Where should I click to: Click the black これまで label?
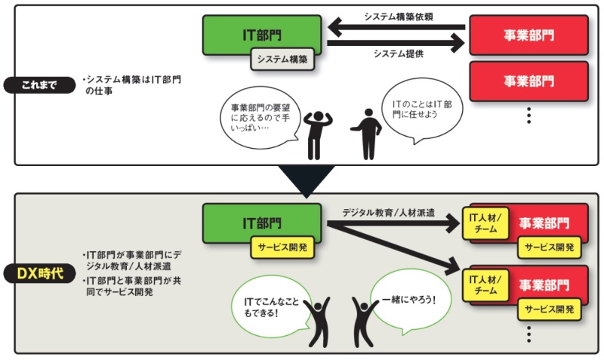point(39,83)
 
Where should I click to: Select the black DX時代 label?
point(40,269)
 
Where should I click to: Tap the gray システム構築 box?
point(282,60)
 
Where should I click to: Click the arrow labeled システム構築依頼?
point(399,28)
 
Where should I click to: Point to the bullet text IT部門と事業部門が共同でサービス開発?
point(133,286)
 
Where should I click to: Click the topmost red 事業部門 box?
point(528,35)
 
